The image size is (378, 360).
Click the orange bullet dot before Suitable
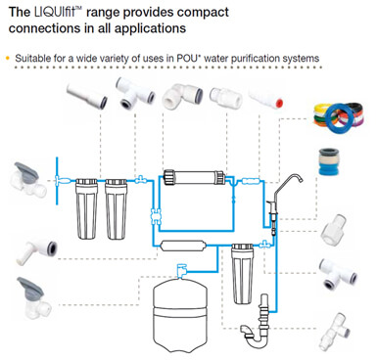click(8, 59)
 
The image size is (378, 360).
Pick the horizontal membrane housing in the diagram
click(194, 177)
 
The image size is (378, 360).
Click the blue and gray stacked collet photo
click(328, 161)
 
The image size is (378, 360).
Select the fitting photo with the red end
click(266, 99)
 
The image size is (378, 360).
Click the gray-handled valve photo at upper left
click(28, 179)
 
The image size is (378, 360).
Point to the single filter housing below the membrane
click(242, 274)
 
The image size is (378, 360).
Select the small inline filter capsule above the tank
click(183, 246)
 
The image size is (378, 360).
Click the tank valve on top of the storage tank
click(181, 270)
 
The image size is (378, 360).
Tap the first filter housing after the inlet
click(86, 208)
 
